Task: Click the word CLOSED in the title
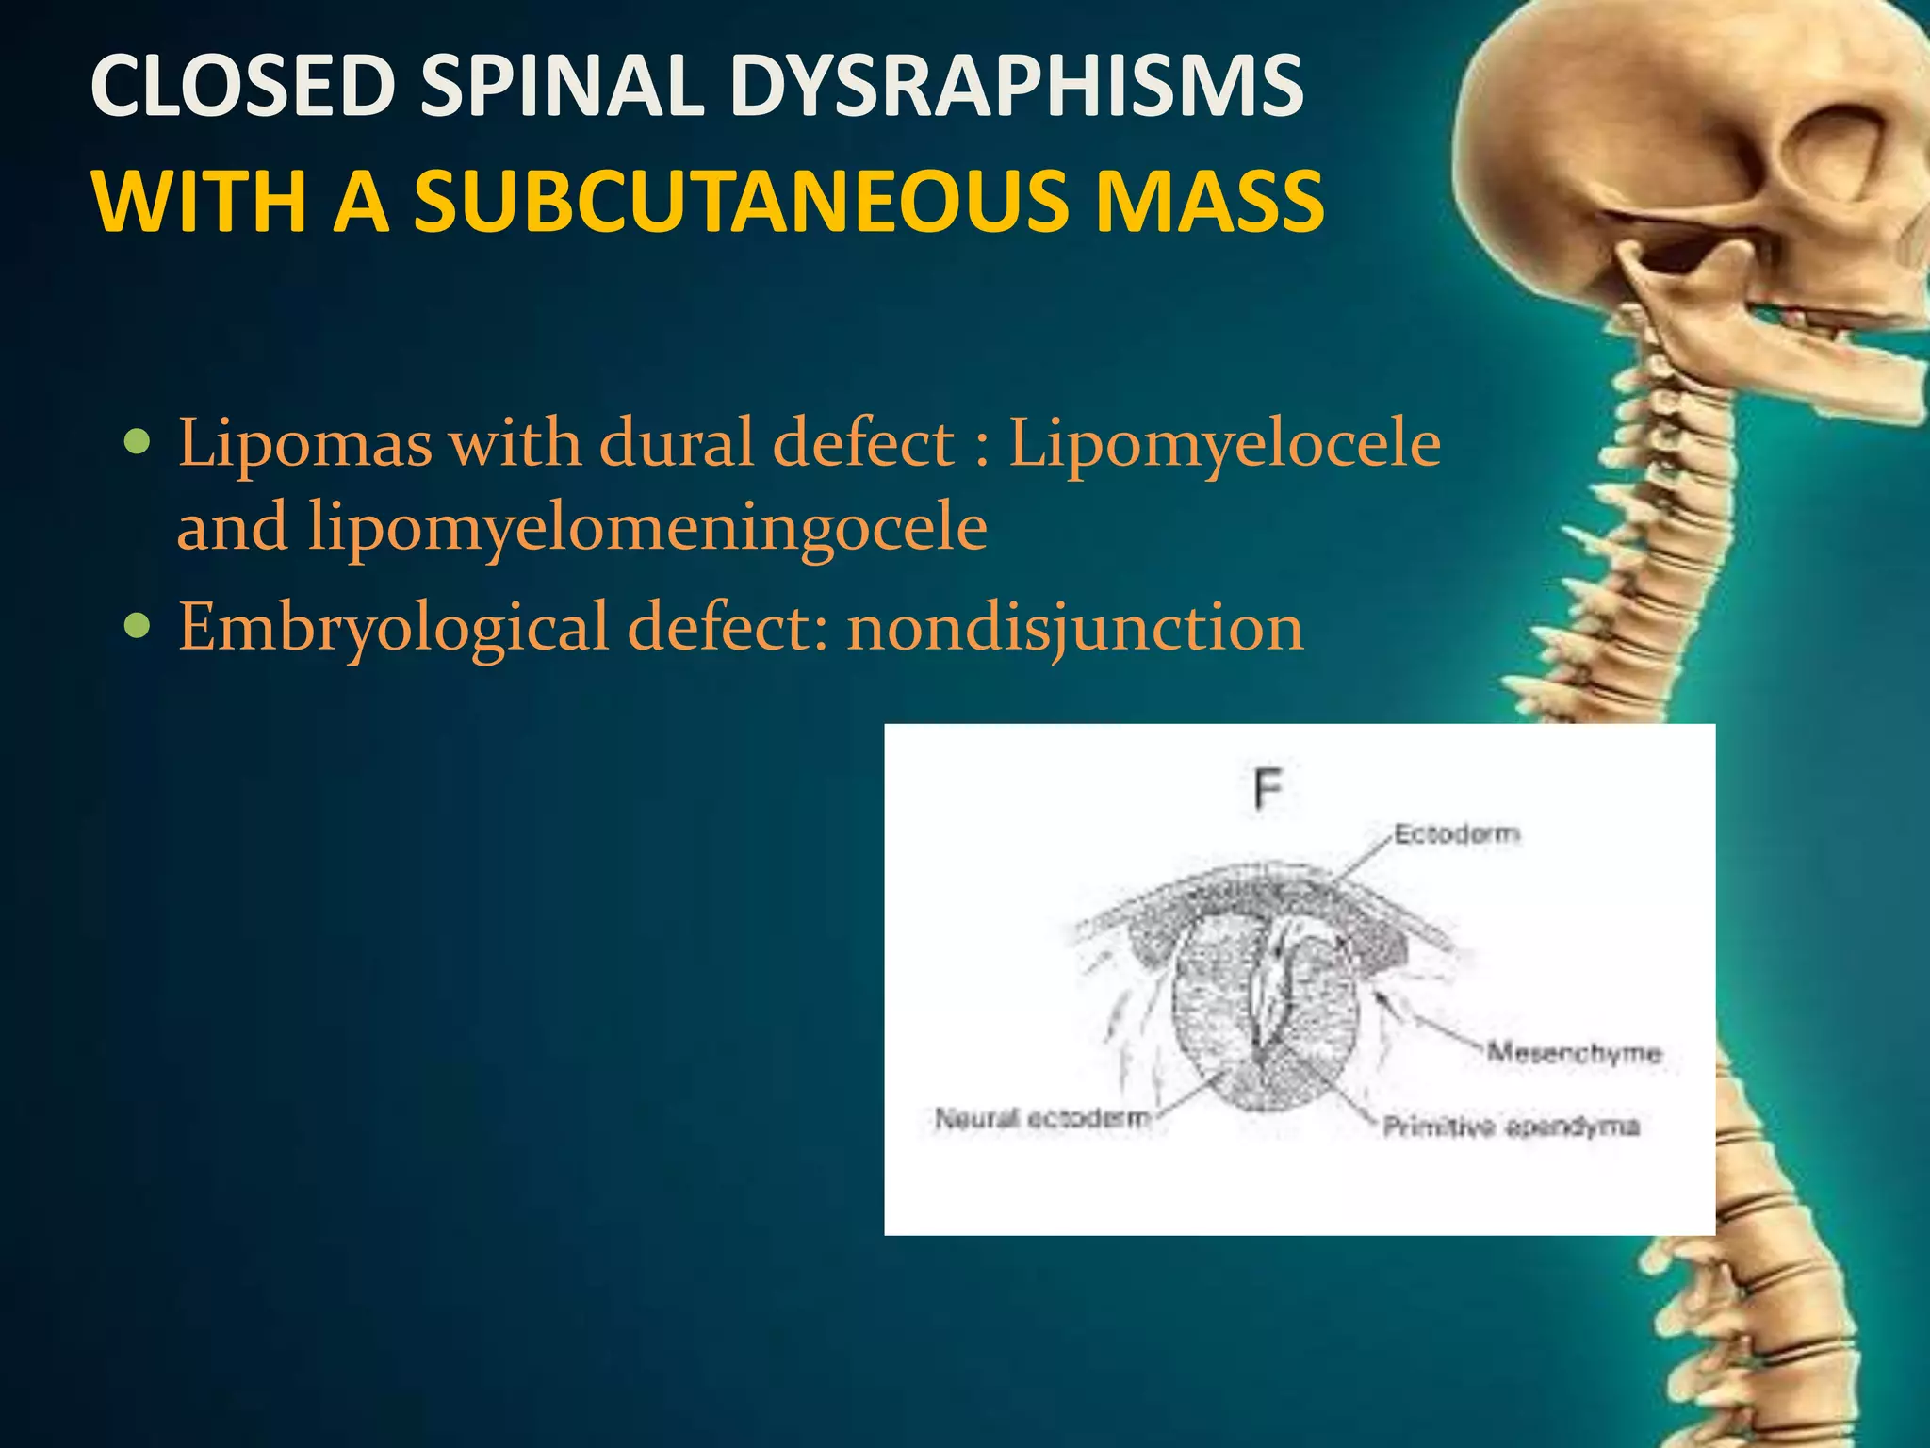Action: [x=242, y=86]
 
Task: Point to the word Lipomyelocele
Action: [x=1224, y=443]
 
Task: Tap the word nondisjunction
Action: [x=1075, y=627]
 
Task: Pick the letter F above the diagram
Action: [x=1268, y=789]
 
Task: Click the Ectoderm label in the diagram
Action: [x=1456, y=834]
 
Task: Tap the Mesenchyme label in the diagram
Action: [x=1573, y=1053]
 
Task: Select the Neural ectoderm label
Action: [x=1042, y=1119]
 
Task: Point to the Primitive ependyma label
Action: [x=1511, y=1127]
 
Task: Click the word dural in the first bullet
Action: [x=679, y=443]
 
